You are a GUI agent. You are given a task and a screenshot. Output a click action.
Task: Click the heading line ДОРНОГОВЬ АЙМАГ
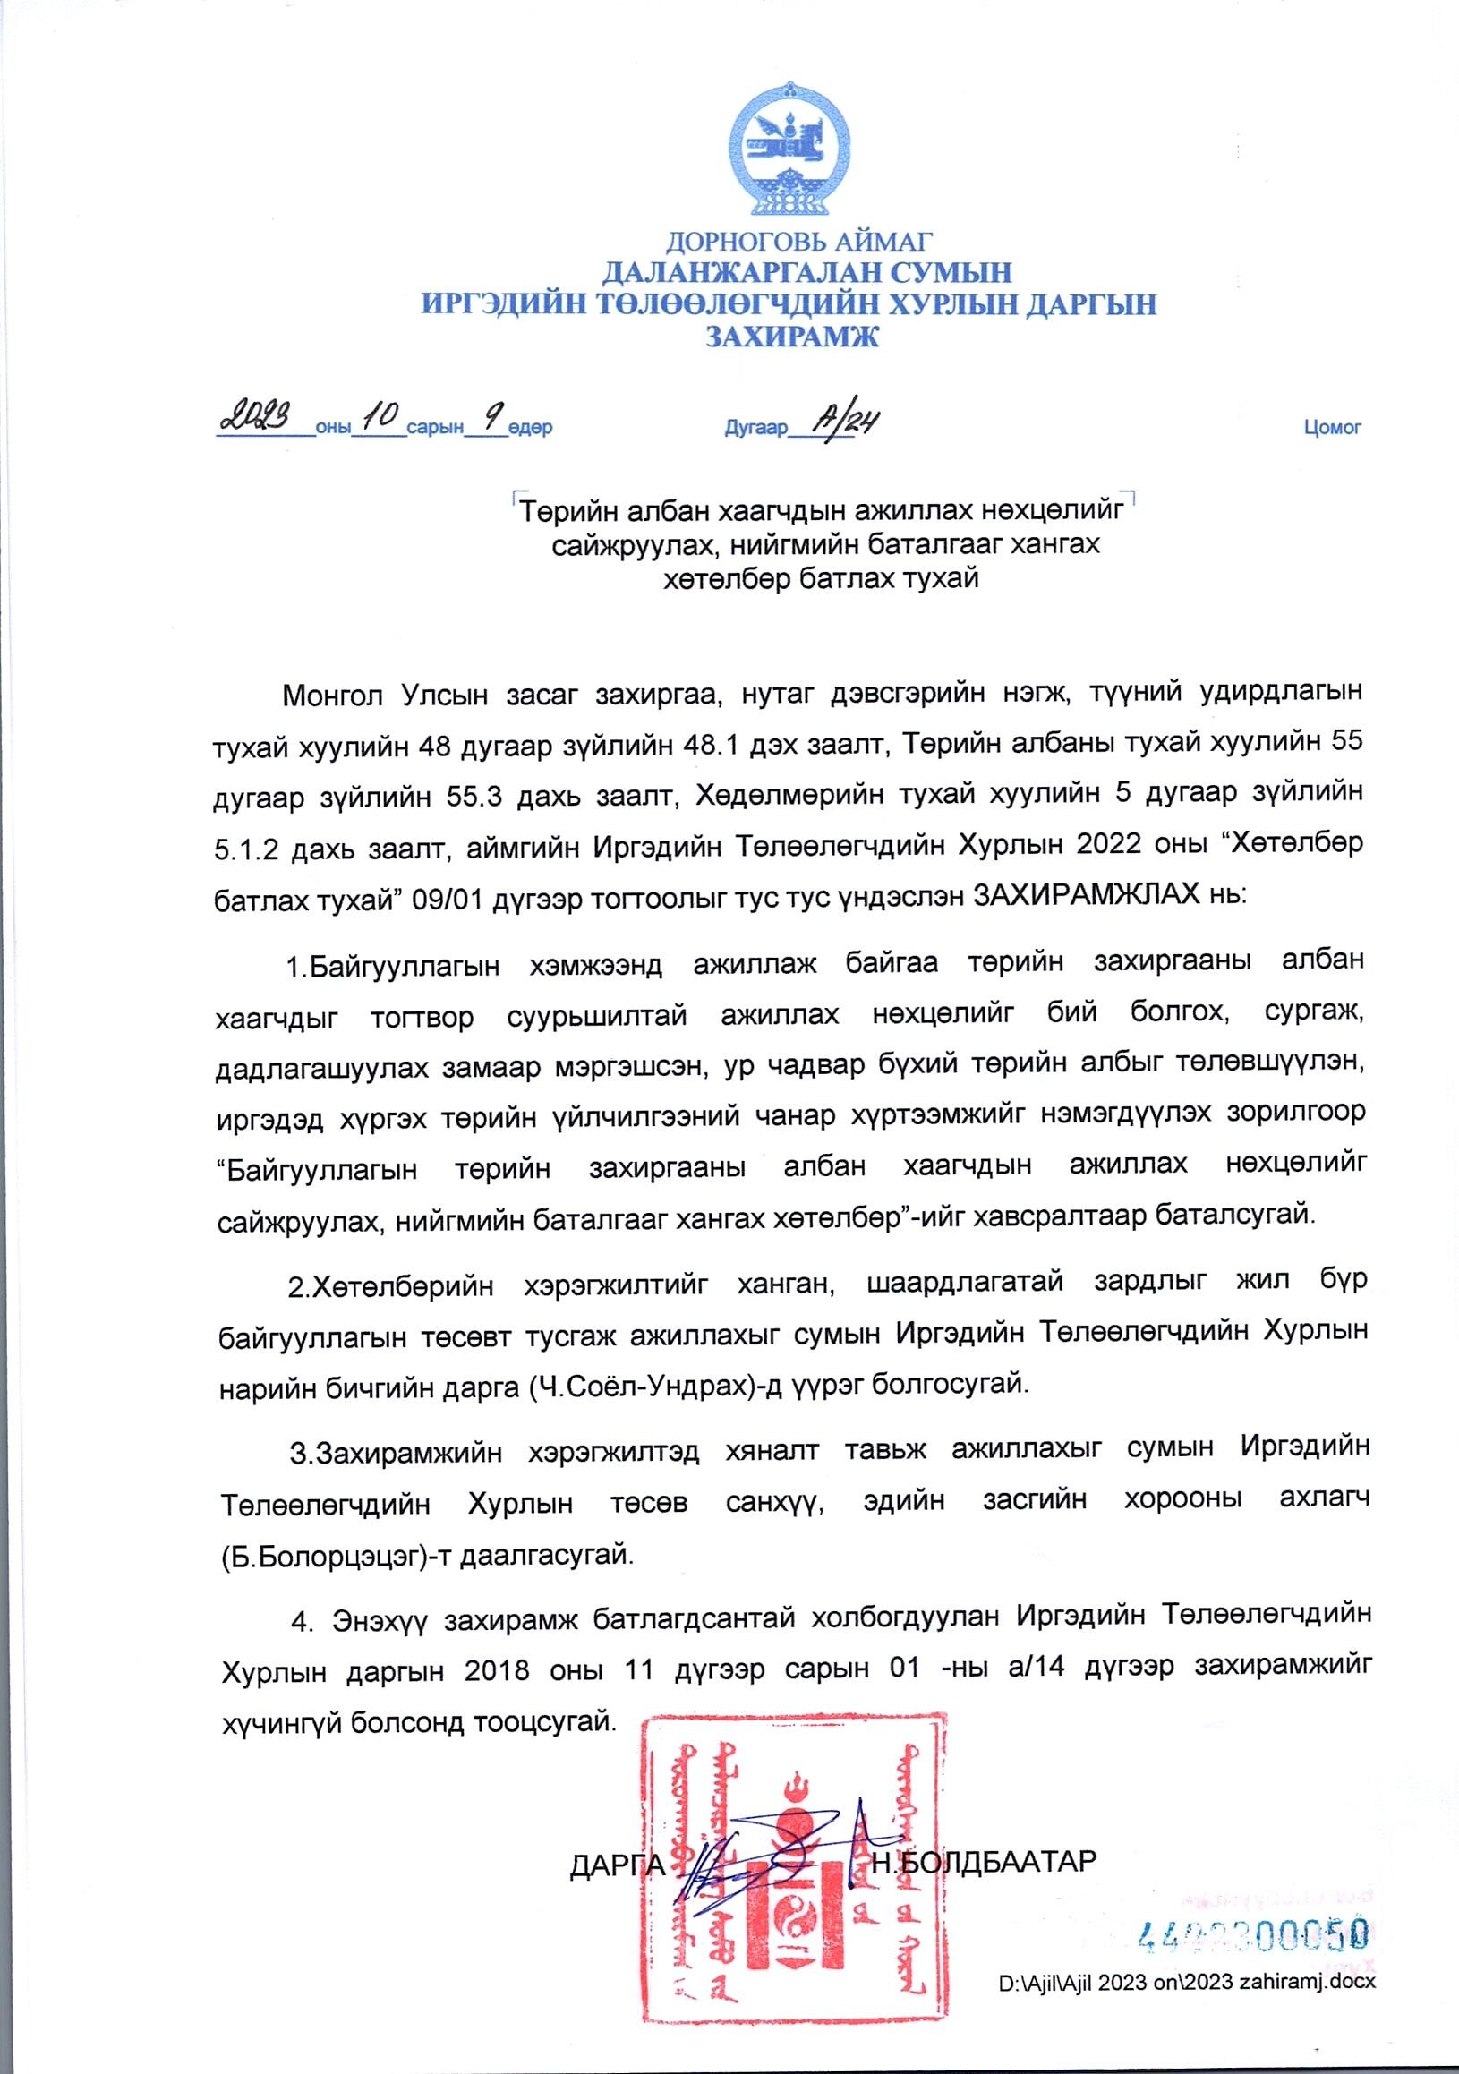tap(798, 241)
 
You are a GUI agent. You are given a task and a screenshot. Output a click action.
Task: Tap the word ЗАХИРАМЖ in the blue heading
tap(790, 336)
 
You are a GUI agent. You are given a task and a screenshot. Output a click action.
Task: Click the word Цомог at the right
tap(1332, 427)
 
